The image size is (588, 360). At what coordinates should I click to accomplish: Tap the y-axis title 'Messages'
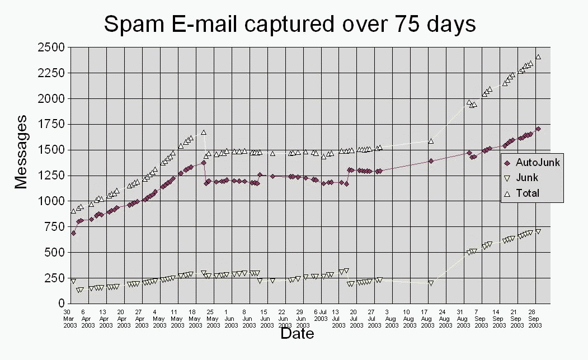(21, 151)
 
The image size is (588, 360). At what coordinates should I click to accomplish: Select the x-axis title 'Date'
(297, 334)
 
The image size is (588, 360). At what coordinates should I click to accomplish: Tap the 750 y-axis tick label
(53, 226)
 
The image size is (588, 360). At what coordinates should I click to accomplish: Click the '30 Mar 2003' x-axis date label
(68, 318)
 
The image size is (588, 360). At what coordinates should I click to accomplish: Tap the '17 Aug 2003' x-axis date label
(427, 318)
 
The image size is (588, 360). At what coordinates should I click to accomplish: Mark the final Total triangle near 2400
(538, 56)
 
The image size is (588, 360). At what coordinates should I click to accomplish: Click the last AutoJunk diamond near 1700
(538, 129)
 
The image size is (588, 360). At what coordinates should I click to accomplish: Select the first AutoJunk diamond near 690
(73, 233)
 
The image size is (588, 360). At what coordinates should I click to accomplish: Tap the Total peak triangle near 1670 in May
(204, 132)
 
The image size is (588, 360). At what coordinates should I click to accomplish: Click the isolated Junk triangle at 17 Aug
(431, 283)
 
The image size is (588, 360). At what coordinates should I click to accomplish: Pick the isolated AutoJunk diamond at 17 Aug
(431, 161)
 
